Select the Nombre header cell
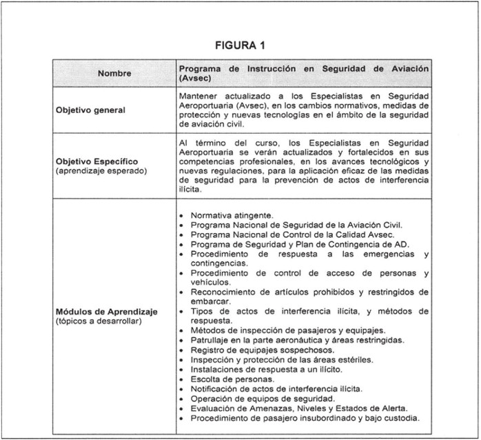coord(114,73)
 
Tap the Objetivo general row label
coord(91,110)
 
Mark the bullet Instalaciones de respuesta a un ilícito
coord(268,369)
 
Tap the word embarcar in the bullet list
coord(210,301)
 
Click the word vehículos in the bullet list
coord(210,282)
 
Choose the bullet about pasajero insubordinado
coord(304,417)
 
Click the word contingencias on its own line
coord(219,263)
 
